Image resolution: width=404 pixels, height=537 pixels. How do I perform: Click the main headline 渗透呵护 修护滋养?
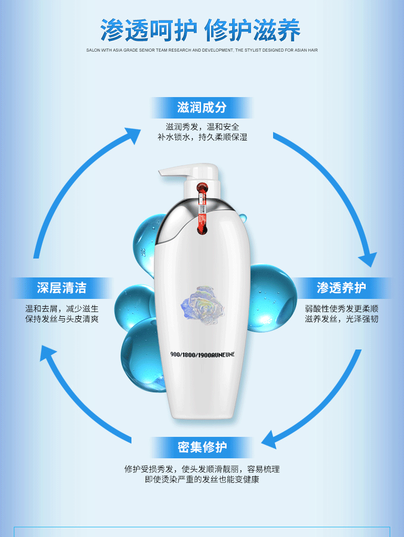[200, 31]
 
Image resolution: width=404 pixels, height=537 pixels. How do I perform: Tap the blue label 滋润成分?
[201, 107]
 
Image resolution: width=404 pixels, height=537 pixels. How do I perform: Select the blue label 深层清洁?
[61, 288]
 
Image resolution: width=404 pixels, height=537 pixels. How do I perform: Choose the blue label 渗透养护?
[341, 288]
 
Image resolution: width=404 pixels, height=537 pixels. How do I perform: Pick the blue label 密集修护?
[202, 447]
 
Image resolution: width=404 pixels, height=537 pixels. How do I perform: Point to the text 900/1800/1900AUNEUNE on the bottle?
[202, 354]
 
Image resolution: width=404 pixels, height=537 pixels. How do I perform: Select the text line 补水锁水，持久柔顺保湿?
[202, 137]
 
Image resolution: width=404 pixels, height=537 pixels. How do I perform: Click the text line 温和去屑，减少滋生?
[62, 309]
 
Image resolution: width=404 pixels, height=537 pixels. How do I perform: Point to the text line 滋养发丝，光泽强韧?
[341, 319]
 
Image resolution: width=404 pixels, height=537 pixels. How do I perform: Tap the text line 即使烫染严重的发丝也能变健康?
[202, 480]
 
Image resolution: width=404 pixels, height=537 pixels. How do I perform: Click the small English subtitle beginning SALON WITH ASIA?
[202, 51]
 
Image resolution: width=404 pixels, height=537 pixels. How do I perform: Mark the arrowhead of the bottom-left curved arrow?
[47, 352]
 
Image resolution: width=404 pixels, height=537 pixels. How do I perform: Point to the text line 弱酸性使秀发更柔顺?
[341, 309]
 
